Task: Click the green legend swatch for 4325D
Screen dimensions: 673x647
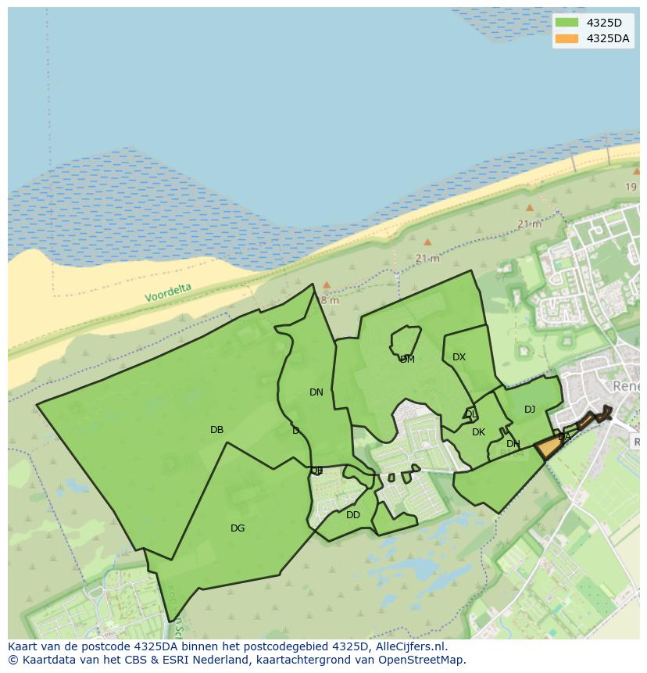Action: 567,23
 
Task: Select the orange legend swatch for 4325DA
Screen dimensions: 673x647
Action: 567,38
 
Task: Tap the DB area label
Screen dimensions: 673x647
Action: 217,430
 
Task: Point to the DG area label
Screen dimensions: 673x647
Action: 238,528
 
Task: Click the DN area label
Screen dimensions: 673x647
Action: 316,392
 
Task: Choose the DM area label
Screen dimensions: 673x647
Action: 407,360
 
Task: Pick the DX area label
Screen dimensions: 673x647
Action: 459,357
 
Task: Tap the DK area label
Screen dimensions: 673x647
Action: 478,432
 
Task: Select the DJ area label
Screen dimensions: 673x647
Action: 530,410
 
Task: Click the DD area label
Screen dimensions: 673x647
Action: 353,515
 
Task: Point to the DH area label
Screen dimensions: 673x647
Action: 513,444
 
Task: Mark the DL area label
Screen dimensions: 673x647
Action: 470,414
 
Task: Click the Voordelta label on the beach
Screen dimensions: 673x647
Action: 168,293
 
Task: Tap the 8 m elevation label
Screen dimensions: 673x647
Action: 330,300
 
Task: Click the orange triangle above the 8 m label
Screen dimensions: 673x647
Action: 327,285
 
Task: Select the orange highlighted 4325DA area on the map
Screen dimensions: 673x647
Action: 549,448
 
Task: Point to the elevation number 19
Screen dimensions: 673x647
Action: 631,187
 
